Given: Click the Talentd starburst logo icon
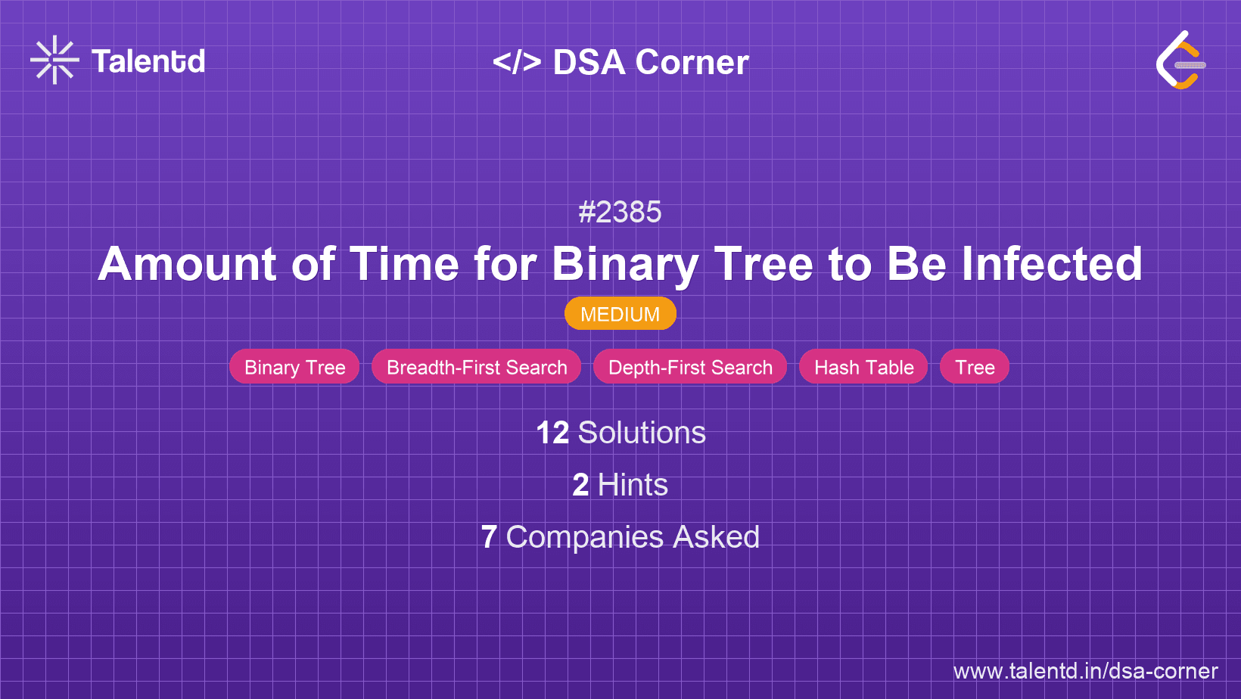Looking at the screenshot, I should (54, 60).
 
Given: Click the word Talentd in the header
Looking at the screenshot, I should (148, 61).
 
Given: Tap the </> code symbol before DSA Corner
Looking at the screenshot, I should (517, 61).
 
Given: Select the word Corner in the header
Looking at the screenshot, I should (692, 62).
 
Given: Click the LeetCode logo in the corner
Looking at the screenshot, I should (1180, 61).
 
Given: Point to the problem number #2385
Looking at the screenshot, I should (620, 212).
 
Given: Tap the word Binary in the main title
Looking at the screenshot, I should (624, 264).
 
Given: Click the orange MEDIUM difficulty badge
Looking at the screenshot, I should (620, 314).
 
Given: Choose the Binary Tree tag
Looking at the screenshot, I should (294, 367).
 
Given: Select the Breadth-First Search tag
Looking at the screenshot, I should (476, 367).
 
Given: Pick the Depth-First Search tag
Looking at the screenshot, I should (689, 367).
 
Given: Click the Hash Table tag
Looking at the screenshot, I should (863, 367).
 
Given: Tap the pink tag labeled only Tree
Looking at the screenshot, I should (974, 367).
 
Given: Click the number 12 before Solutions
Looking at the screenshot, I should (552, 433).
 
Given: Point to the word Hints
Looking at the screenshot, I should (633, 485).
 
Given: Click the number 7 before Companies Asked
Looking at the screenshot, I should (489, 537).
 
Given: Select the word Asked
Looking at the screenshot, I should (716, 537).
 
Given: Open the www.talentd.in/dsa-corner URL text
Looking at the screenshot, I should (1085, 671).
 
